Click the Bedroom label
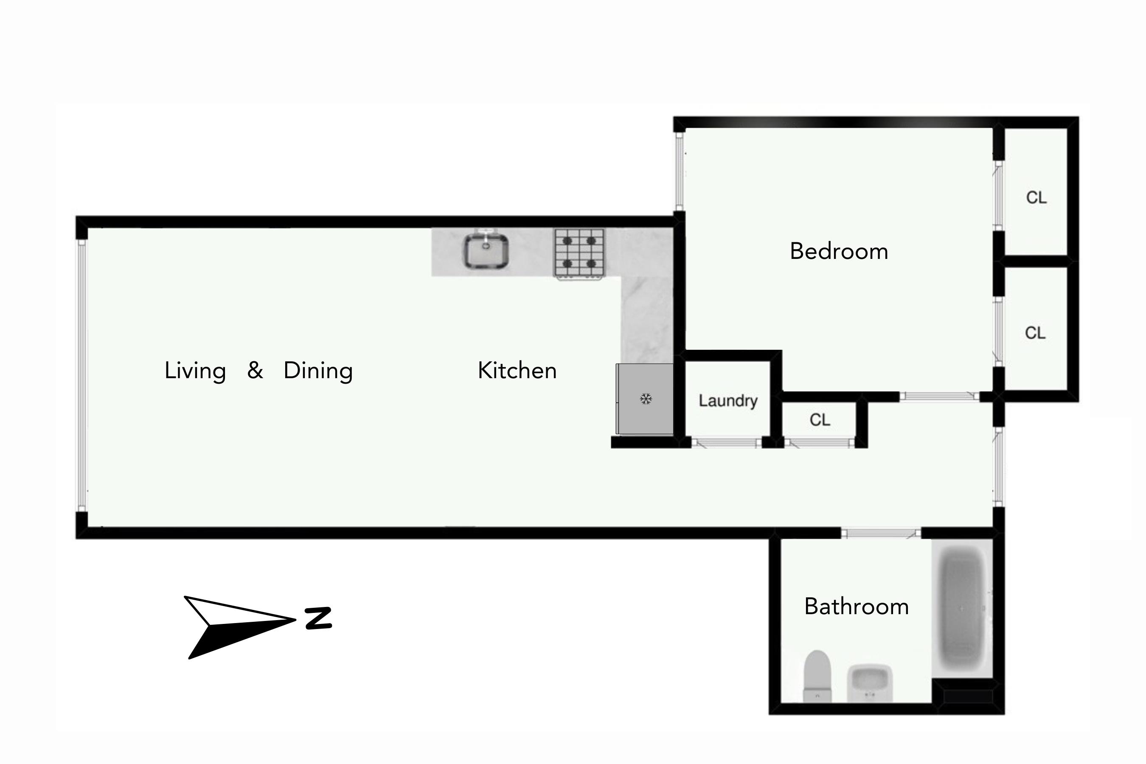839,251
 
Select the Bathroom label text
856,607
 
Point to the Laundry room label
728,401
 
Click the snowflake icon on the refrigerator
646,399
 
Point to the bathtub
961,609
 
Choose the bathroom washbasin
870,683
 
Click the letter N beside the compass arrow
319,618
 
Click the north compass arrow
234,626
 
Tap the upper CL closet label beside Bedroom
1036,198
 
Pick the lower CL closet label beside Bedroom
1035,333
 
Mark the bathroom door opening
880,534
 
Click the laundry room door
727,443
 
